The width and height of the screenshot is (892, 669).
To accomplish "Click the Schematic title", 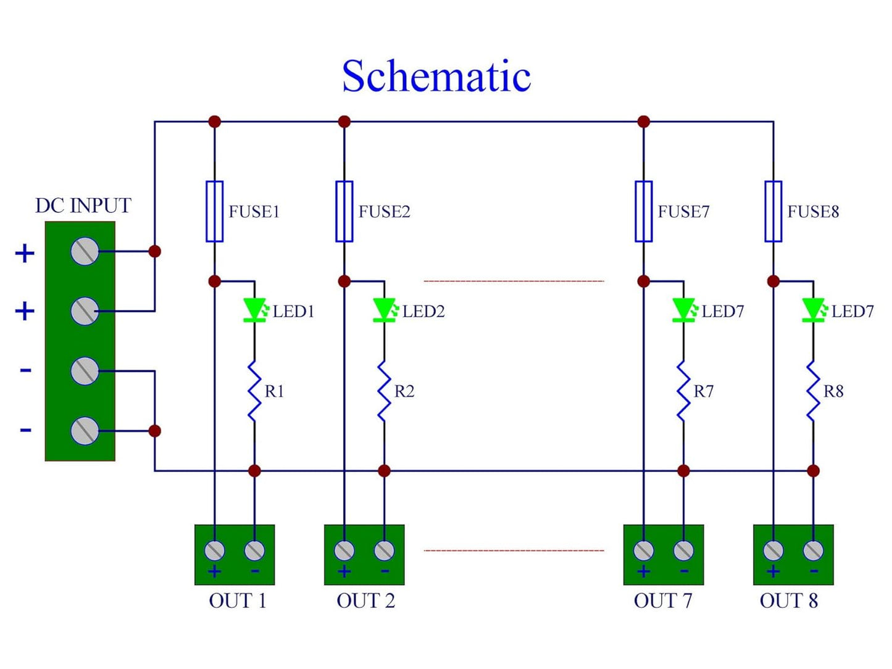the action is [436, 76].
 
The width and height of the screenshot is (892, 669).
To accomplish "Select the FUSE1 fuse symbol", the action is [214, 211].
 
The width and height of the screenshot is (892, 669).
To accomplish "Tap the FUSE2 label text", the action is [384, 212].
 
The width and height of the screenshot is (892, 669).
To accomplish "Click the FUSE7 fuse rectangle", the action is [643, 211].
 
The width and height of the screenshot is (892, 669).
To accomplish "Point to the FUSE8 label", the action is [813, 212].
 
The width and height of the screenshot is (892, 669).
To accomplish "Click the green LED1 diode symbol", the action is [255, 310].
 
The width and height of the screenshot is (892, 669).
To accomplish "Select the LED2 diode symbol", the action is [385, 310].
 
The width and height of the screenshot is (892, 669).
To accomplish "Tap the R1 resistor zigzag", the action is [254, 391].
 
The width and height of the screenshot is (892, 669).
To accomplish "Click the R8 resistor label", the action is [833, 391].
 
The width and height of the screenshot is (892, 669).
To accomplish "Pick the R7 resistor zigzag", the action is [683, 391].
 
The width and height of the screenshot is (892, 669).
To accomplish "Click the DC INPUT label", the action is [83, 206].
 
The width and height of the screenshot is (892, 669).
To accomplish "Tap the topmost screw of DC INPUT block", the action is [85, 251].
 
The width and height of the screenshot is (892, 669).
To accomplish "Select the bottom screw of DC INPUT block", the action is [85, 431].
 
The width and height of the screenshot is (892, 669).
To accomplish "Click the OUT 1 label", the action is [237, 600].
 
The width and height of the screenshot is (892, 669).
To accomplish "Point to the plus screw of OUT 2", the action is [344, 551].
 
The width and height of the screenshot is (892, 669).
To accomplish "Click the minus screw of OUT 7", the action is [683, 551].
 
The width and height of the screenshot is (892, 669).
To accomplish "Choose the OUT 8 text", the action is [789, 600].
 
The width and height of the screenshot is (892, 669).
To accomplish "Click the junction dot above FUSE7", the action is [643, 122].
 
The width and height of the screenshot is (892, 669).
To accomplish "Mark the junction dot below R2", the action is [384, 471].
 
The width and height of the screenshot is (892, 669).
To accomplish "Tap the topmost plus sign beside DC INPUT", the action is [24, 254].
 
